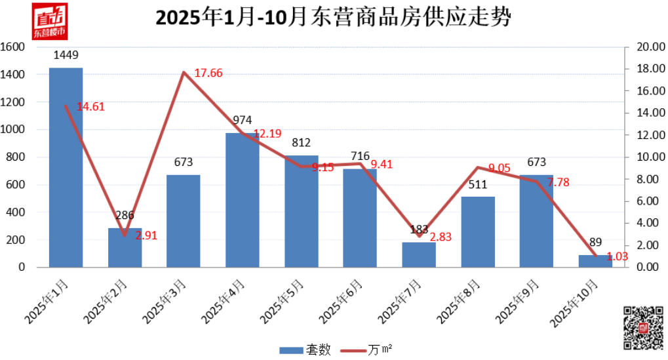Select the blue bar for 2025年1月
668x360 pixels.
tap(66, 167)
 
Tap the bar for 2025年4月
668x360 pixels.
tap(243, 200)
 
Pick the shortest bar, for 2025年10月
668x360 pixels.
tap(595, 261)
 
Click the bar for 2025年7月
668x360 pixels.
tap(419, 254)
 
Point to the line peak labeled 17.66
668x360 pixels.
tap(184, 72)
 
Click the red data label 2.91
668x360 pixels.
tap(147, 235)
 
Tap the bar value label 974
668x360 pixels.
tap(243, 120)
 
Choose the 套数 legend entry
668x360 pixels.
tap(305, 350)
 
